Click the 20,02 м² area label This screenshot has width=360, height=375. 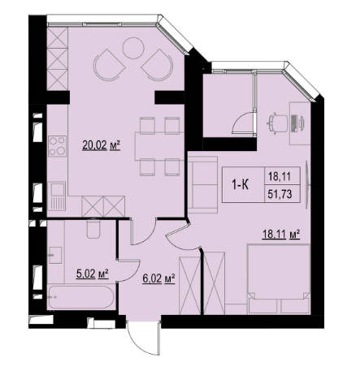tap(101, 145)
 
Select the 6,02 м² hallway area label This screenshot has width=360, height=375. tap(158, 278)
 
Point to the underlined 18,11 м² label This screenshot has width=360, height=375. tap(281, 235)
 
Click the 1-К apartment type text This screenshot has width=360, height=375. tap(240, 185)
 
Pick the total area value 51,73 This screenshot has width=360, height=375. tap(280, 194)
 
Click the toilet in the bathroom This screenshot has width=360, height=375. tap(93, 228)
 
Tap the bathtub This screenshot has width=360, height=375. tap(81, 297)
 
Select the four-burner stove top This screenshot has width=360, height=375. tap(57, 146)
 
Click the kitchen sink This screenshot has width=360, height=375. tap(57, 196)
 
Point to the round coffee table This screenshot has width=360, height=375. tap(133, 48)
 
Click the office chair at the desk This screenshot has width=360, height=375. tap(277, 123)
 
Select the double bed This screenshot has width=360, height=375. tap(279, 278)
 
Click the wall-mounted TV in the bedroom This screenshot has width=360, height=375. tap(307, 184)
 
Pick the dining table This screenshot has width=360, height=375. tap(160, 146)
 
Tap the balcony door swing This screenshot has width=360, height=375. tap(243, 123)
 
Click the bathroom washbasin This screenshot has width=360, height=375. tap(55, 255)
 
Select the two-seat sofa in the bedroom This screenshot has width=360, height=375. tap(203, 185)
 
